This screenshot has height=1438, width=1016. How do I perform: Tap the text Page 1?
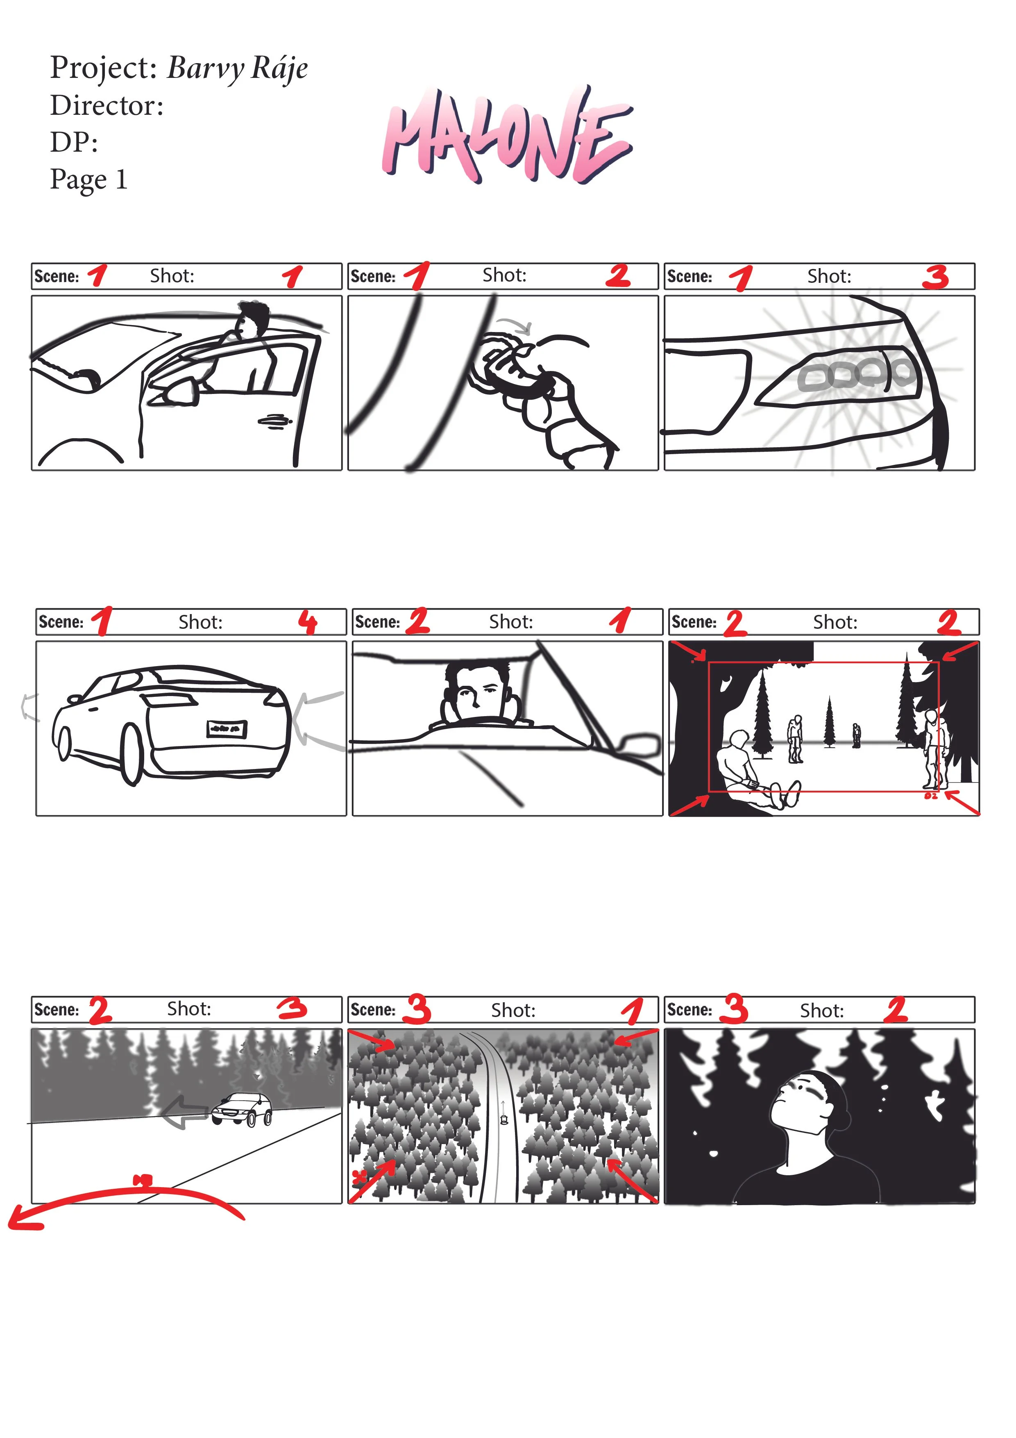tap(89, 180)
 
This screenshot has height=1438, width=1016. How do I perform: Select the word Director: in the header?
tap(107, 105)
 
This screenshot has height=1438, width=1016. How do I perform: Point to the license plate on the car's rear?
tap(227, 728)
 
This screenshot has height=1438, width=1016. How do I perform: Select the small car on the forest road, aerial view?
tap(504, 1119)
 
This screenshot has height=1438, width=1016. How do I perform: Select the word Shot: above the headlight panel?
tap(829, 276)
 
